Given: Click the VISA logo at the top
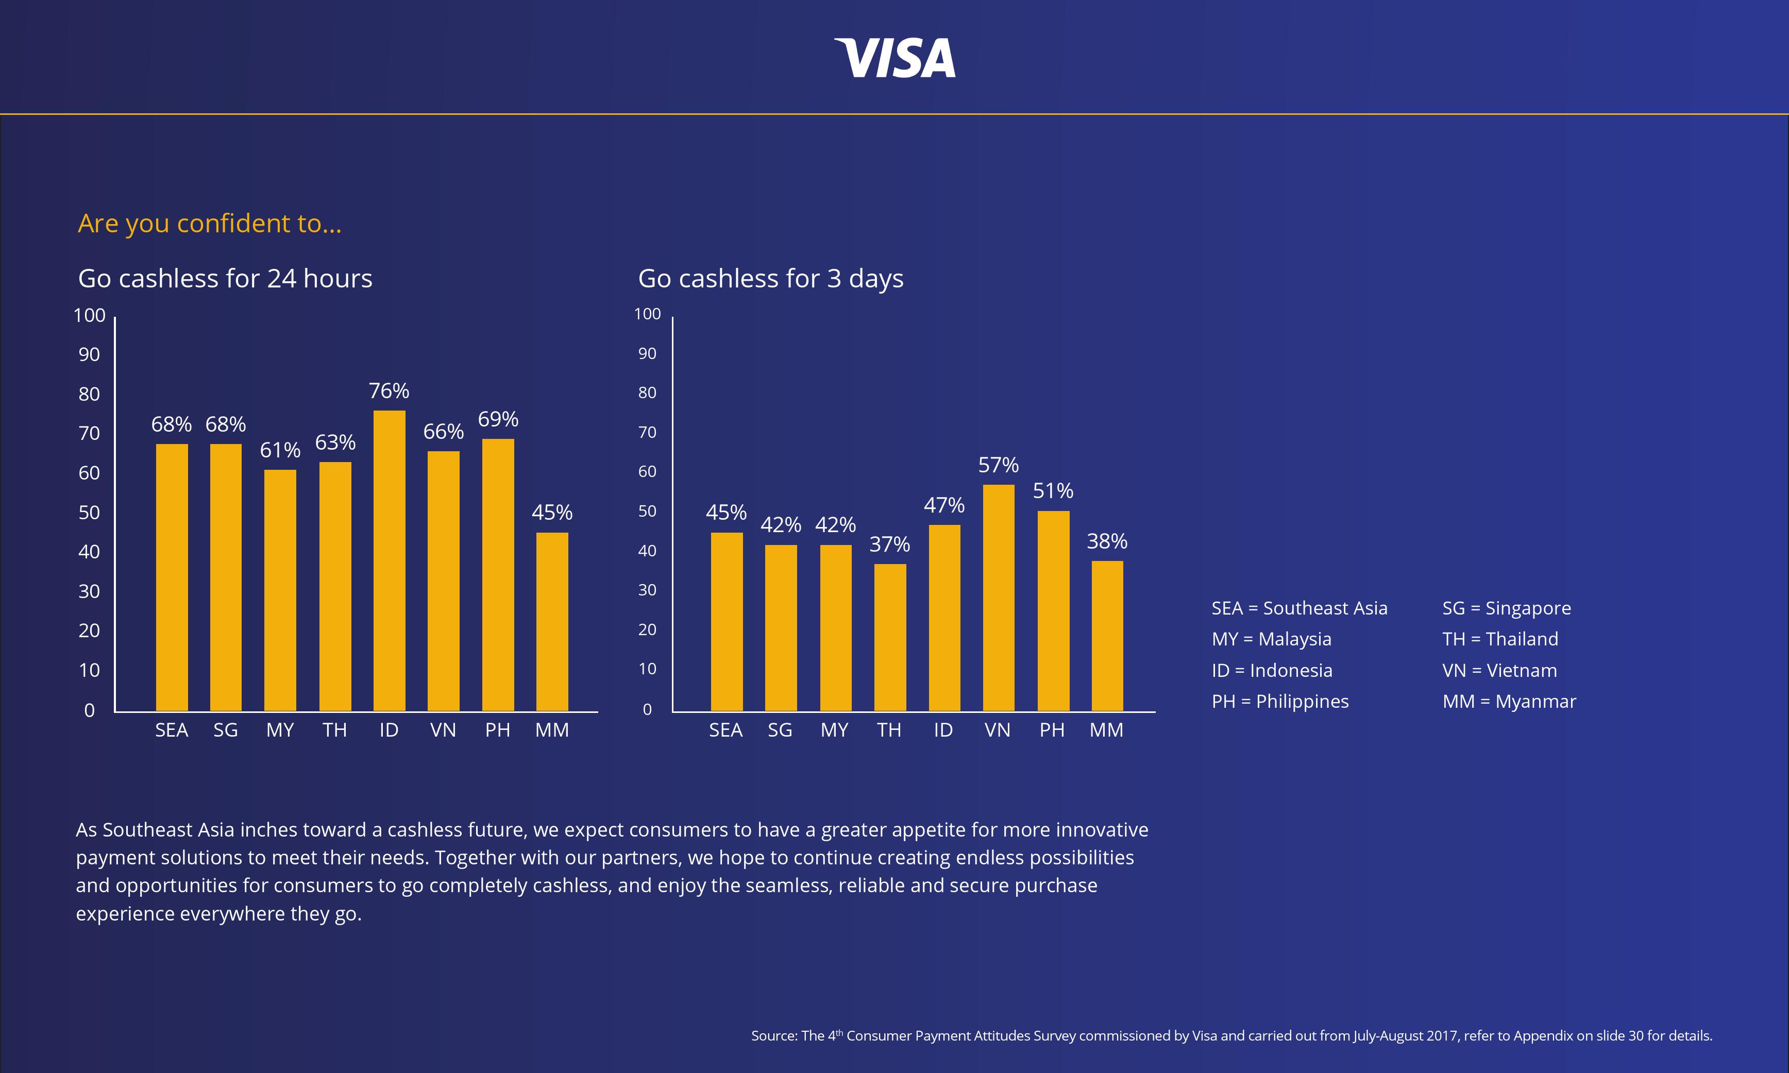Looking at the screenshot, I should click(894, 58).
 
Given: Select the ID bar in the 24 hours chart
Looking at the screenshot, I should click(389, 560).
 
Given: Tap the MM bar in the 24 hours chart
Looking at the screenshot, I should click(552, 622).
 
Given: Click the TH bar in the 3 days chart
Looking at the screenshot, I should click(889, 638).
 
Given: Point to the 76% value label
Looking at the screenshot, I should click(389, 391).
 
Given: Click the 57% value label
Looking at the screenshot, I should click(998, 465).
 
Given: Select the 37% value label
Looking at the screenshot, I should click(889, 544).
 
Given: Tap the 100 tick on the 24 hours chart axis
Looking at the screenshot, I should click(89, 315).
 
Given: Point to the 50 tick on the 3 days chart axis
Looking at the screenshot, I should click(647, 511).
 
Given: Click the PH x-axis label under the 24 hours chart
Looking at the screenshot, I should click(498, 730).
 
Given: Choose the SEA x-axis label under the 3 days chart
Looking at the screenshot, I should click(725, 730).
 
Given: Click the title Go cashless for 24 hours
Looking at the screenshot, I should click(225, 278).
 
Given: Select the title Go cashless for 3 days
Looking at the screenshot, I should click(770, 278).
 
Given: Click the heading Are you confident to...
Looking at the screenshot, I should click(209, 224).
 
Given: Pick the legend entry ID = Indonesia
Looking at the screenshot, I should click(1271, 670).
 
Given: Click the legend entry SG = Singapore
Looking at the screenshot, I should click(1506, 608).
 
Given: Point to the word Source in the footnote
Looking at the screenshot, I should click(773, 1036).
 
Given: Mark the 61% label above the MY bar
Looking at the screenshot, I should click(280, 450).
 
